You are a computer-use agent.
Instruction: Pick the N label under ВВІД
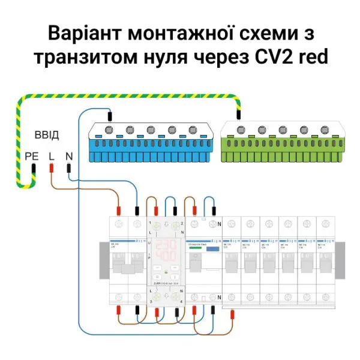click(69, 156)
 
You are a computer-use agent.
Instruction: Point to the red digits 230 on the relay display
click(165, 246)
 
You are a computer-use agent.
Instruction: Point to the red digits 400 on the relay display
click(165, 257)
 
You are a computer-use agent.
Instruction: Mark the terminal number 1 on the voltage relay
click(149, 223)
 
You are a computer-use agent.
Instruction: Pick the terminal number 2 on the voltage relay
click(181, 223)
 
